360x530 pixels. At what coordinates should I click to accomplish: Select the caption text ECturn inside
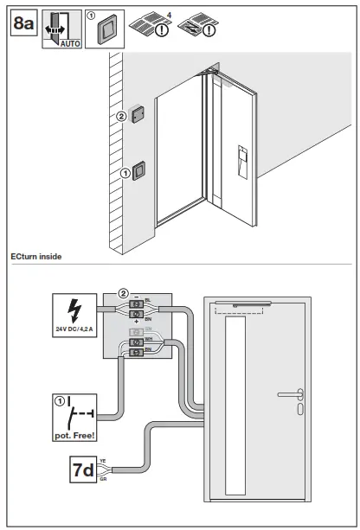coord(35,257)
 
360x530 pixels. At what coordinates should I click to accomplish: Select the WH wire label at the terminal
coord(148,341)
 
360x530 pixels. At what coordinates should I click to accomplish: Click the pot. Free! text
coord(73,424)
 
